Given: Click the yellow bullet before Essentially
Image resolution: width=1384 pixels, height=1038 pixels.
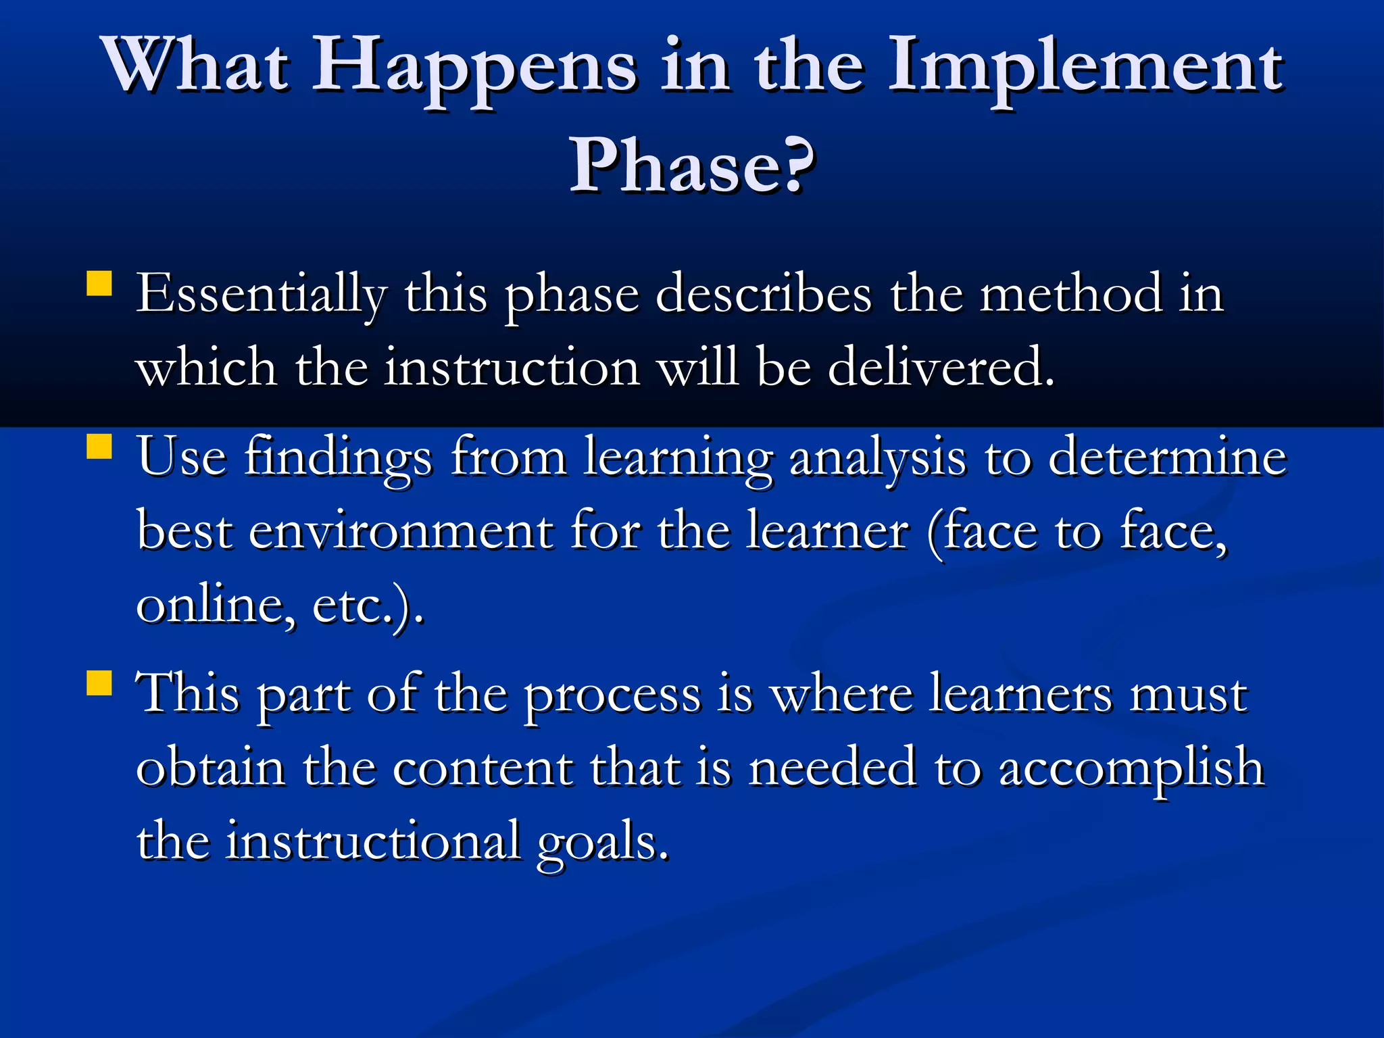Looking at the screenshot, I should coord(99,284).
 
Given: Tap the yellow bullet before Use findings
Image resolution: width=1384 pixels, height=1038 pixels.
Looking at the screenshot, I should coord(99,447).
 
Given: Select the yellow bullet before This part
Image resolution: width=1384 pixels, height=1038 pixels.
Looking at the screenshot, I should coord(99,683).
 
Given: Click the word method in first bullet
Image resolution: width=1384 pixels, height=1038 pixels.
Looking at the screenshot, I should coord(1071,295).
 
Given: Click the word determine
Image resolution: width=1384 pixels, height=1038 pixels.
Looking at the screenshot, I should coord(1167,458).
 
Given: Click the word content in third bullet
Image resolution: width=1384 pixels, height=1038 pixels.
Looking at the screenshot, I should coord(483,769).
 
